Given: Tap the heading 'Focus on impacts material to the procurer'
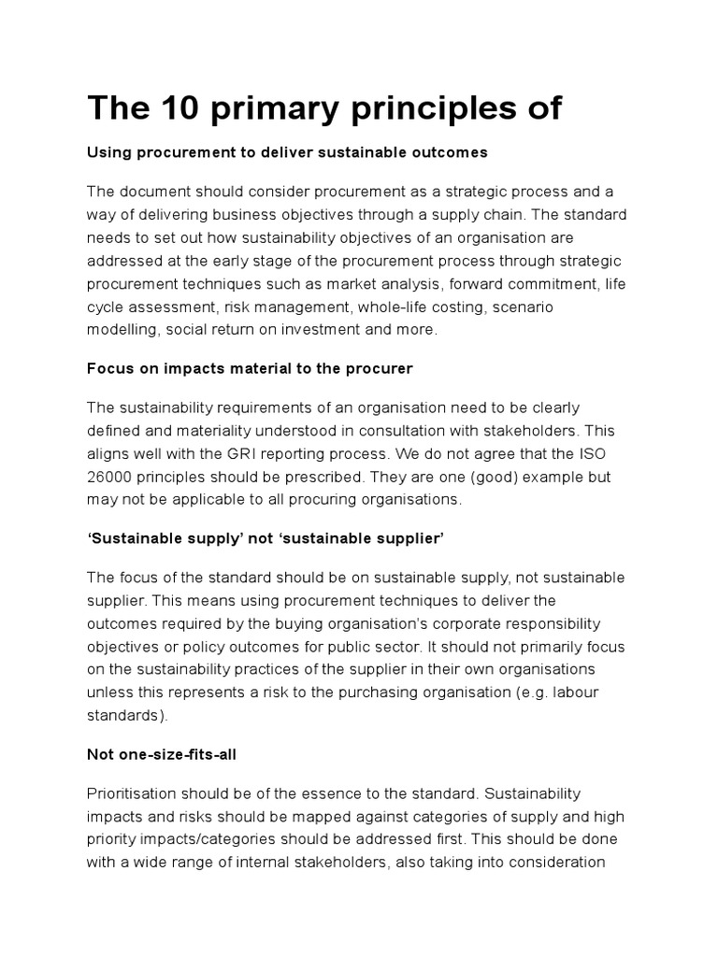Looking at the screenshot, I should pos(250,368).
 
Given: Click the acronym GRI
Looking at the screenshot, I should pos(249,452).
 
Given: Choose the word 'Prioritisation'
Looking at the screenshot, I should pos(135,768).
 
